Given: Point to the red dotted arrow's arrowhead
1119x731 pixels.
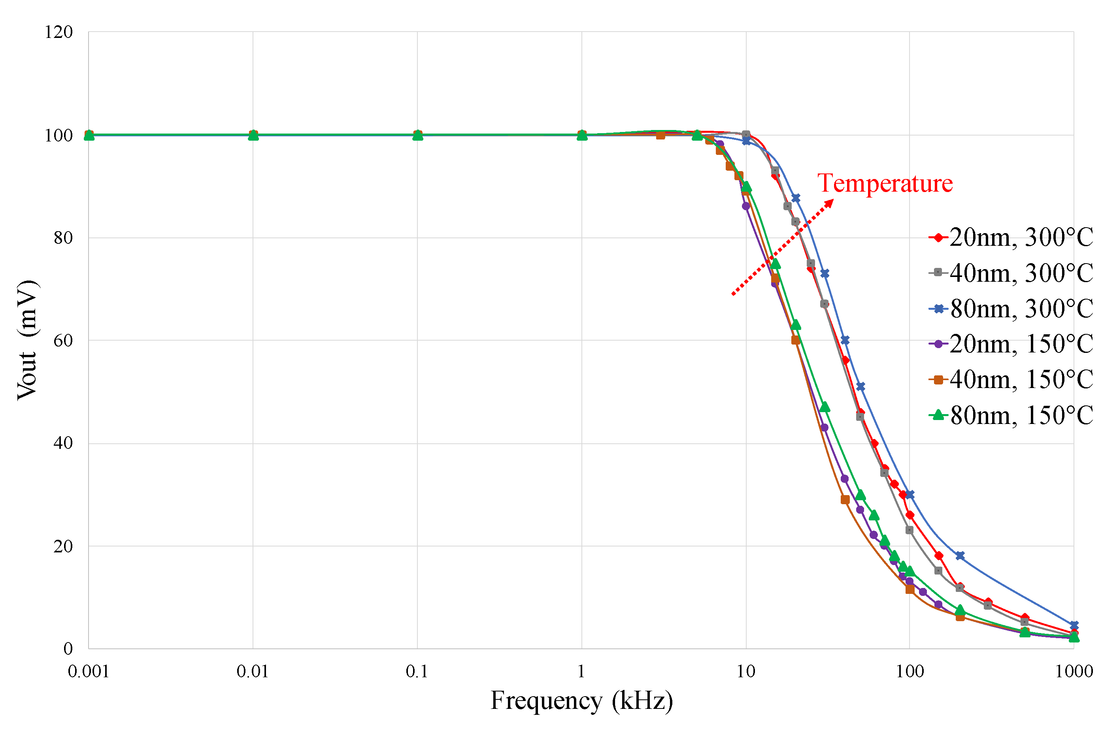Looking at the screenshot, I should click(831, 202).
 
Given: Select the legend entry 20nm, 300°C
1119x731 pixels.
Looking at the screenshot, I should click(1011, 237).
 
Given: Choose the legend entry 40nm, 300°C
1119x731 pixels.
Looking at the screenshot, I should click(1011, 273).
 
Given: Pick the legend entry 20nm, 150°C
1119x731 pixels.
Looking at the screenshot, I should click(1011, 344).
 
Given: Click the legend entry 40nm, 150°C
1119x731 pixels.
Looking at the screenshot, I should click(1011, 380).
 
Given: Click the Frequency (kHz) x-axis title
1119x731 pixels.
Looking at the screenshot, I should click(581, 701).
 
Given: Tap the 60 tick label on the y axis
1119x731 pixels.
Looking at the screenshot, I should click(63, 340).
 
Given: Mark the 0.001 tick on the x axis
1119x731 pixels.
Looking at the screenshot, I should click(89, 671).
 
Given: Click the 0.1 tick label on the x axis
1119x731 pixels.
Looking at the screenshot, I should click(417, 671).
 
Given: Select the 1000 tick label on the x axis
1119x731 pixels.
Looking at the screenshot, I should click(1074, 671).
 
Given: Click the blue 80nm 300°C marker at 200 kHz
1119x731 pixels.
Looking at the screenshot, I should click(960, 556).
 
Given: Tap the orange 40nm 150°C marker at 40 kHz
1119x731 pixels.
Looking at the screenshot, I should click(845, 500).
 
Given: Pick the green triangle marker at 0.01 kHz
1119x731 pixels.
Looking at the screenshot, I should click(253, 136).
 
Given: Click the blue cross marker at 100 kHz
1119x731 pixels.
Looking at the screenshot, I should click(909, 495).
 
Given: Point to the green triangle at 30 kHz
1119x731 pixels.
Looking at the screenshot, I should click(824, 407).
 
